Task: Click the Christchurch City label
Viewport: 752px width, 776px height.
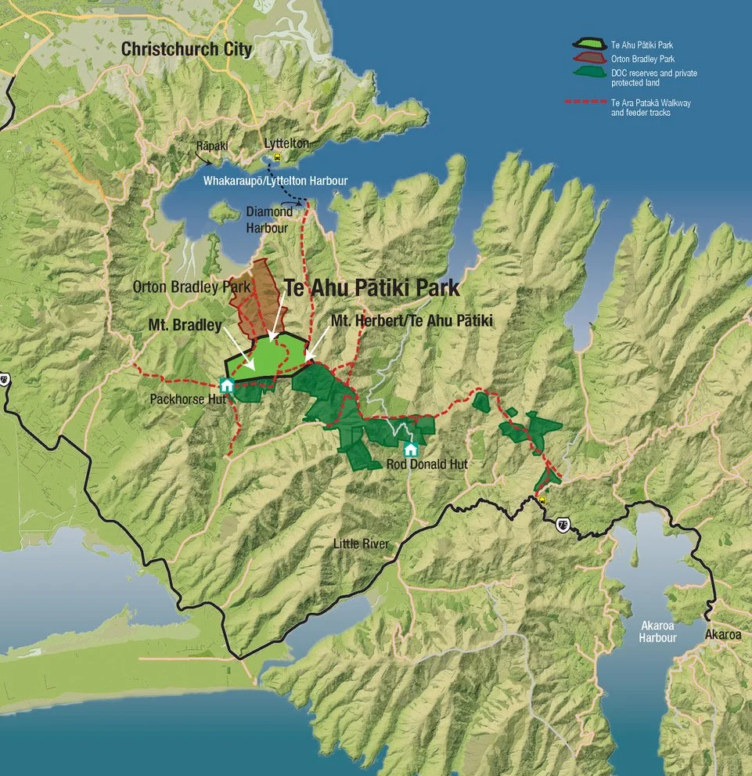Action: [186, 49]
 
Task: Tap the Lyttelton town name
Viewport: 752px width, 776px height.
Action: [286, 144]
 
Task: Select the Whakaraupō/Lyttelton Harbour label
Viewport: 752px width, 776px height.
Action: [275, 181]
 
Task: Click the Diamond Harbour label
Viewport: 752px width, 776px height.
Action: [269, 220]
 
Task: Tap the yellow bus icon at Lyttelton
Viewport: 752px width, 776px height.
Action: [277, 157]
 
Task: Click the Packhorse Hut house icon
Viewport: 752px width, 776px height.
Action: [227, 384]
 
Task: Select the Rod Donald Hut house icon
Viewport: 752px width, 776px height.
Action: [410, 449]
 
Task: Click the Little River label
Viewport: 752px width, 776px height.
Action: [361, 543]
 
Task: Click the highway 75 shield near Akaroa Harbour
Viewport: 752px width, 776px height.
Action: [562, 524]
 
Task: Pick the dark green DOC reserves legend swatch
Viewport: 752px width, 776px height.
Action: [589, 71]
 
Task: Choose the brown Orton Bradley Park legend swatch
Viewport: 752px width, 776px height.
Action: [589, 57]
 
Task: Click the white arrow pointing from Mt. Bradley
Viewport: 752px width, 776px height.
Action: [238, 354]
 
